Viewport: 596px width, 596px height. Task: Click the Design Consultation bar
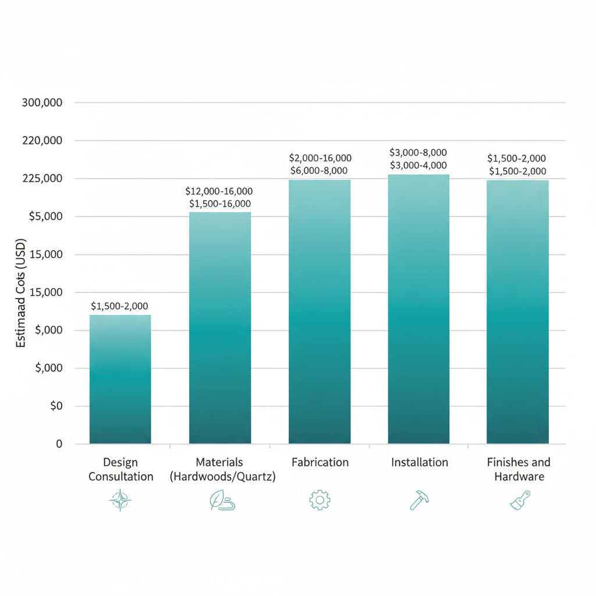(x=120, y=379)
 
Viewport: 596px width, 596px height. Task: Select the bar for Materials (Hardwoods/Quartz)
(x=220, y=328)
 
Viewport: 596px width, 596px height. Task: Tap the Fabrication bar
(x=320, y=311)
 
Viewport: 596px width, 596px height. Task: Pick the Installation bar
(x=418, y=308)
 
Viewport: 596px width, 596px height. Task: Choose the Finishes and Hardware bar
(x=517, y=311)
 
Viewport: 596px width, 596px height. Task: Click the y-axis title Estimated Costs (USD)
(x=21, y=293)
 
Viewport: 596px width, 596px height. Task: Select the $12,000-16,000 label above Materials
(x=219, y=191)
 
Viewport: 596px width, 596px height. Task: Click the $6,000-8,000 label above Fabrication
(x=320, y=171)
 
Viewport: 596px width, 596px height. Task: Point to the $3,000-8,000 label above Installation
(x=418, y=152)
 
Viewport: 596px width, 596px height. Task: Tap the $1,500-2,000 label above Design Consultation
(x=120, y=306)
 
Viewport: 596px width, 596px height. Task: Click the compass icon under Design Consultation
(x=120, y=501)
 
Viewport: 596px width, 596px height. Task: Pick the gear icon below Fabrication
(x=320, y=500)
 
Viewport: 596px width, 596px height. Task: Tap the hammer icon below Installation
(x=419, y=500)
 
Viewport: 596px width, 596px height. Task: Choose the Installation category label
(x=419, y=462)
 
